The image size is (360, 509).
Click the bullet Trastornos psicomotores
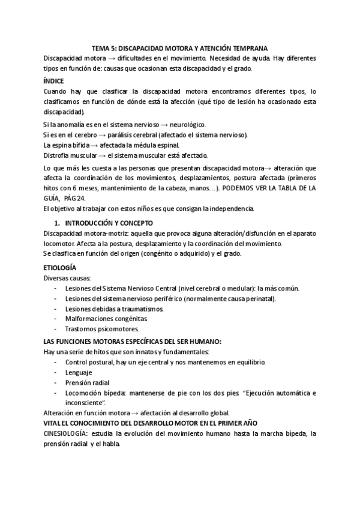[x=102, y=329]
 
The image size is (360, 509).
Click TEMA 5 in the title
[x=106, y=48]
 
